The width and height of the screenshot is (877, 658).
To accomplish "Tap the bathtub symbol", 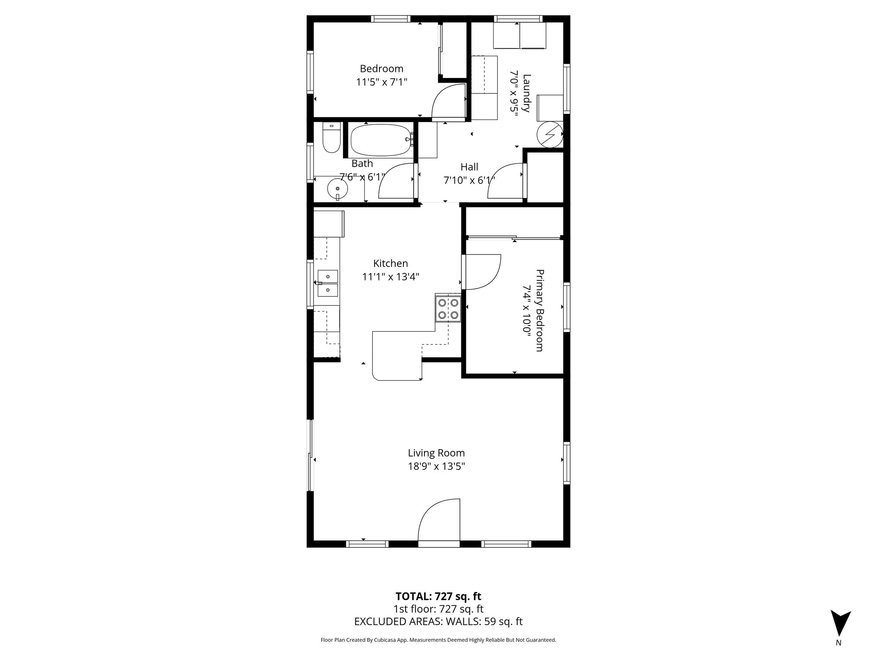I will click(x=381, y=140).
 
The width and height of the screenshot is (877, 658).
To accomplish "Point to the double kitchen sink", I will click(x=328, y=283).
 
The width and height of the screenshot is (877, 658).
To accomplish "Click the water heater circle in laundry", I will click(x=549, y=135).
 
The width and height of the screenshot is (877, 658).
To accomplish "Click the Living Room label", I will click(x=436, y=453).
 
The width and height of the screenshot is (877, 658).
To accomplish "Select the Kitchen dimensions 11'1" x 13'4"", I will click(x=390, y=277).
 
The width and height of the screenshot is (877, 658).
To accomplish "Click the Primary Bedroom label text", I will click(x=540, y=310).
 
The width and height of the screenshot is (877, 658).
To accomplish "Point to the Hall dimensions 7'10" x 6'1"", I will click(x=469, y=180).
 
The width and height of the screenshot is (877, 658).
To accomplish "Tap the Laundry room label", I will click(x=527, y=93).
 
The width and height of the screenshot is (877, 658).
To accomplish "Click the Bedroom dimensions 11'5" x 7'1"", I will click(x=381, y=82).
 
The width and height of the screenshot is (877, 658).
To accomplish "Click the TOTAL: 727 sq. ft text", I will click(x=438, y=596).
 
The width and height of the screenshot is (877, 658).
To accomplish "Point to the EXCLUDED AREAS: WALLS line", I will click(x=438, y=622).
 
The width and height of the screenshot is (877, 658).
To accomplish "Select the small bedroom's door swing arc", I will click(x=449, y=101).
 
